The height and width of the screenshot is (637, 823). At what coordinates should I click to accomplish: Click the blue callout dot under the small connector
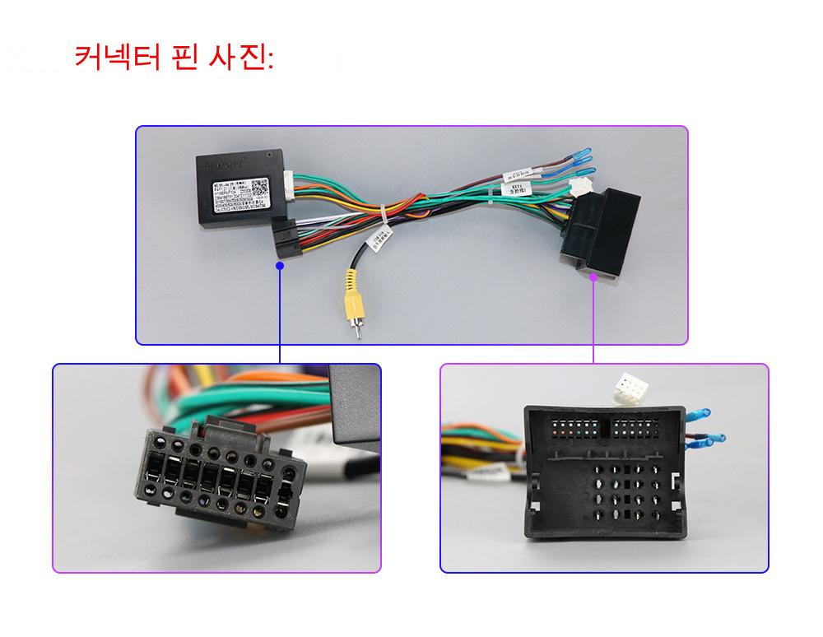click(280, 265)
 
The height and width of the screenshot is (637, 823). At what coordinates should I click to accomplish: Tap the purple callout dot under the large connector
click(593, 277)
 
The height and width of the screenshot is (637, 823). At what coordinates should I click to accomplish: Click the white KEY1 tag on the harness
click(516, 190)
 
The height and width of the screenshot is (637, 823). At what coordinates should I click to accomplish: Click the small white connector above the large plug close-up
click(631, 388)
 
